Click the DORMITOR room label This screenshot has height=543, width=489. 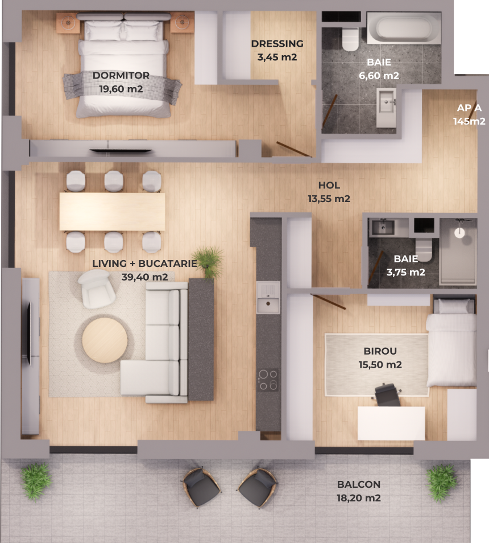click(x=121, y=76)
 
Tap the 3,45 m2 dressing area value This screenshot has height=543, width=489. click(x=277, y=57)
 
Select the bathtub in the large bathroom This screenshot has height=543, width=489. click(x=404, y=28)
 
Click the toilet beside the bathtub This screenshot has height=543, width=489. click(x=350, y=39)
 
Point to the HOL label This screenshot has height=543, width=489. click(x=329, y=186)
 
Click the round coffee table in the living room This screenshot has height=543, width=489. click(x=105, y=340)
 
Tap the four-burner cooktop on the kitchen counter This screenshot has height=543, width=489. click(x=268, y=380)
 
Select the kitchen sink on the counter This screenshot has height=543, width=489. click(x=268, y=298)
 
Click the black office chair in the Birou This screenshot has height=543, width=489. click(x=388, y=394)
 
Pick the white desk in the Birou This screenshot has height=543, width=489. click(x=391, y=423)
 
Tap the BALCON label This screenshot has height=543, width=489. click(x=359, y=484)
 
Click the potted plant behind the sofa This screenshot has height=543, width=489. click(x=209, y=262)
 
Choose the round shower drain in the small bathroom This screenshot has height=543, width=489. click(x=459, y=233)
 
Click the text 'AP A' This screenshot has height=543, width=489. click(x=469, y=108)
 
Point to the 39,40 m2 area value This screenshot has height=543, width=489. click(x=144, y=277)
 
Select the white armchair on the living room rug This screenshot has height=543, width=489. click(x=97, y=289)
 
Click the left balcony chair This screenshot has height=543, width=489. click(x=201, y=486)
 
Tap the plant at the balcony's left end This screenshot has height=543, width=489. click(x=36, y=480)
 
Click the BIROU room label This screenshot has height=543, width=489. click(x=380, y=351)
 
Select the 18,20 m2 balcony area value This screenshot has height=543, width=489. click(x=359, y=498)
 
